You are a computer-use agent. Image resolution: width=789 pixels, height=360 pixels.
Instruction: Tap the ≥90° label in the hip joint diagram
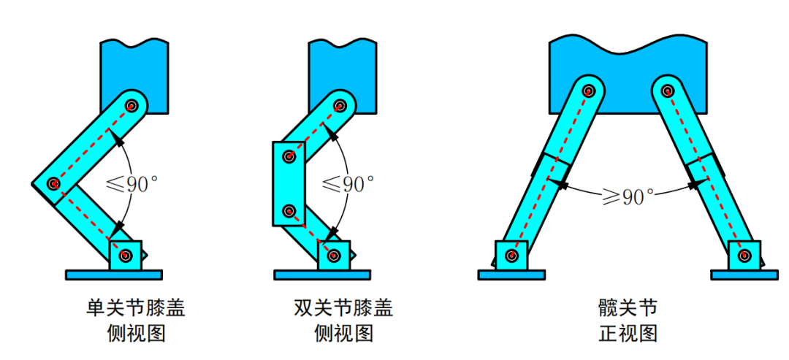[626, 196]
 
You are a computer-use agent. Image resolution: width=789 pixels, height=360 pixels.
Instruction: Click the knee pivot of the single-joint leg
[53, 183]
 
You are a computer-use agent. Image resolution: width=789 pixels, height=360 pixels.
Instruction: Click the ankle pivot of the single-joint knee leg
[126, 256]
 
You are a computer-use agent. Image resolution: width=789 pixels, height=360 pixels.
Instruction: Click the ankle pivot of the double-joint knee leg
[334, 256]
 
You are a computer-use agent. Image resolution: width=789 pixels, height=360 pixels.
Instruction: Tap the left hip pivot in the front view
[589, 91]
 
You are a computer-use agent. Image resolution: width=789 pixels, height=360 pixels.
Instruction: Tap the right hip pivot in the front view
[667, 91]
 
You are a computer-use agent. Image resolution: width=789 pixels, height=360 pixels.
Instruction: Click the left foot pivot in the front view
[511, 256]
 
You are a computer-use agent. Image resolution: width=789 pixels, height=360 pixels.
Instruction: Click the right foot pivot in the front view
[744, 256]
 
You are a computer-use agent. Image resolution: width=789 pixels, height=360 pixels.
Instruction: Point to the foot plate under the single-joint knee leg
[113, 275]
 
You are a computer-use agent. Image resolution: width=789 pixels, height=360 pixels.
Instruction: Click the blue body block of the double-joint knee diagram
[342, 69]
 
